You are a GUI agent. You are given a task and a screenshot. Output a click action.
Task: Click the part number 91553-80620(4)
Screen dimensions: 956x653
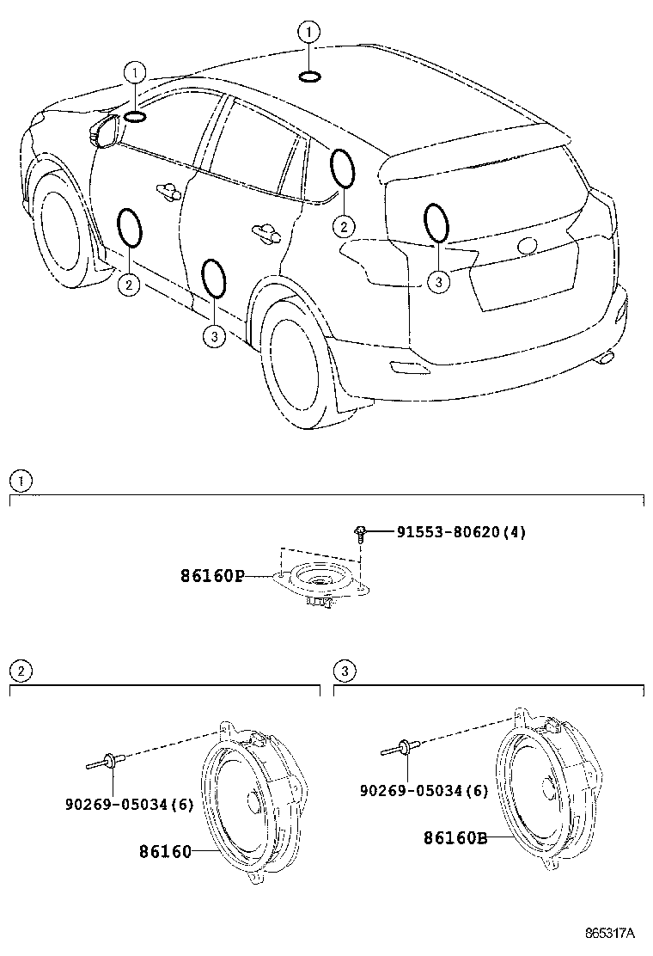[461, 532]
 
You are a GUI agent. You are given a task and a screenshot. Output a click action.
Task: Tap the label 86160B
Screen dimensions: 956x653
[455, 836]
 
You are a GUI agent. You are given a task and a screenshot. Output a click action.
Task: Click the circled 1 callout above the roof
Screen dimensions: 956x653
[308, 34]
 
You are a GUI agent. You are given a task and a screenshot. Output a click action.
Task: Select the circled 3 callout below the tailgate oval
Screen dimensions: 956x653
[438, 280]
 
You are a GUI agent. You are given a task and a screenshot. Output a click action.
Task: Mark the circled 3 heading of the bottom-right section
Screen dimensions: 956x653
[343, 671]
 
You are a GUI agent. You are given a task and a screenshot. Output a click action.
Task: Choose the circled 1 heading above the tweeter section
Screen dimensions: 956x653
[20, 480]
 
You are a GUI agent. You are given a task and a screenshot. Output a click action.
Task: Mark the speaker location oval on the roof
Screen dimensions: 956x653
[310, 78]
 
